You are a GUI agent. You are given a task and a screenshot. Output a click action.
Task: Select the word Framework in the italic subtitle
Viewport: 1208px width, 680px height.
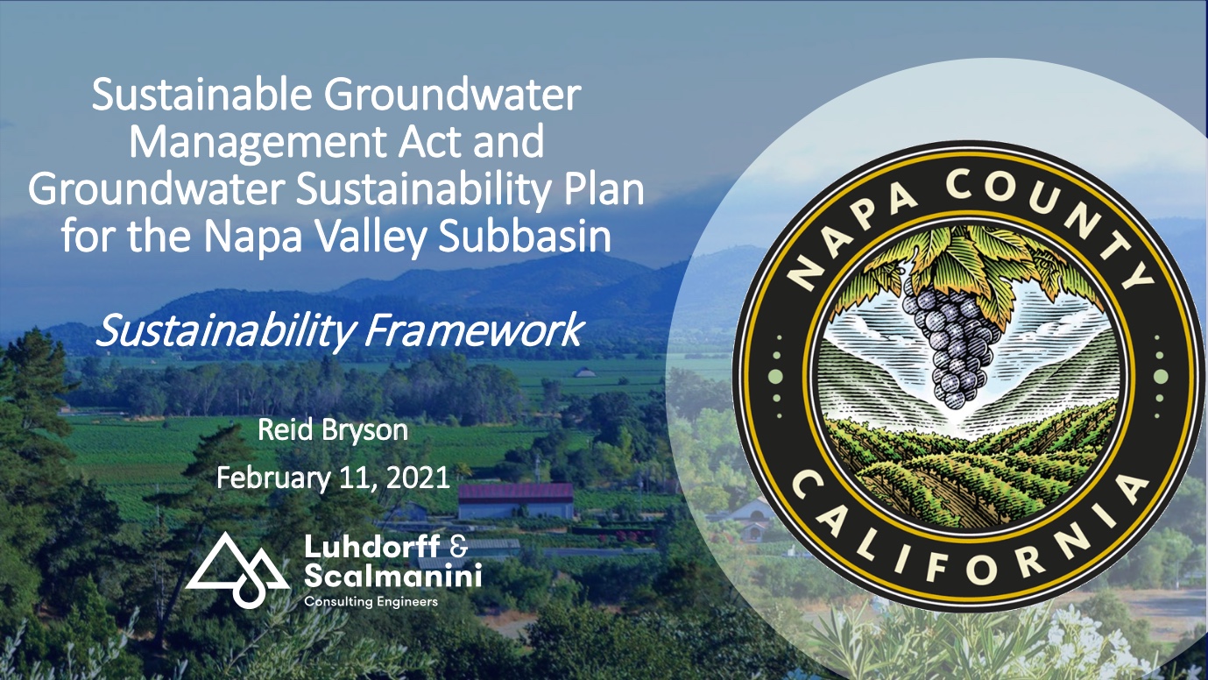[475, 330]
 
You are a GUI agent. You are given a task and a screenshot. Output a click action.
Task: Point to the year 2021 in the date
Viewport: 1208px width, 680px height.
[418, 478]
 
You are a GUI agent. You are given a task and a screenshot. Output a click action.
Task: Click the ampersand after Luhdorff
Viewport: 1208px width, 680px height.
[458, 547]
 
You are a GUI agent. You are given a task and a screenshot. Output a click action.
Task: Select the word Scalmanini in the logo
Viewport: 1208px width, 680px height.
[392, 576]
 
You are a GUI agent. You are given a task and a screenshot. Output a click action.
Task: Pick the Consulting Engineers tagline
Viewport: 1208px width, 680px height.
[371, 601]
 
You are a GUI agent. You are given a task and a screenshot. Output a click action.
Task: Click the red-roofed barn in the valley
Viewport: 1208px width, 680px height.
[516, 501]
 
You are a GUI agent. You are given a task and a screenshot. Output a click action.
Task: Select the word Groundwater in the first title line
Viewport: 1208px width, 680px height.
[452, 95]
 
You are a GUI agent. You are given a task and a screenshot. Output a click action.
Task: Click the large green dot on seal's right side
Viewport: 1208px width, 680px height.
[1160, 377]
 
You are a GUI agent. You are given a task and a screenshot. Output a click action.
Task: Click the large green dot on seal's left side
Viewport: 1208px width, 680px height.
[775, 377]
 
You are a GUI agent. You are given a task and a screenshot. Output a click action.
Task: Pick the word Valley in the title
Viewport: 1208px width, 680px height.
[371, 237]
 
